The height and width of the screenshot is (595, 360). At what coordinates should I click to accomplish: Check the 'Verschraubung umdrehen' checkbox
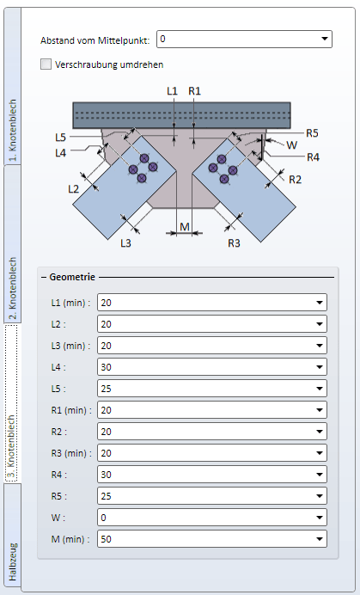46,64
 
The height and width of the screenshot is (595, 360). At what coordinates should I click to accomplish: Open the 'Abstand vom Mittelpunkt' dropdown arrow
324,39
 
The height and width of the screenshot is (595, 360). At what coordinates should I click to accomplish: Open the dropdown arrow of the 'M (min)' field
320,539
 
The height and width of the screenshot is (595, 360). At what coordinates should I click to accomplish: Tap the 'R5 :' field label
58,496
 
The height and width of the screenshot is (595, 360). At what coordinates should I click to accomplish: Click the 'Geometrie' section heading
72,277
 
